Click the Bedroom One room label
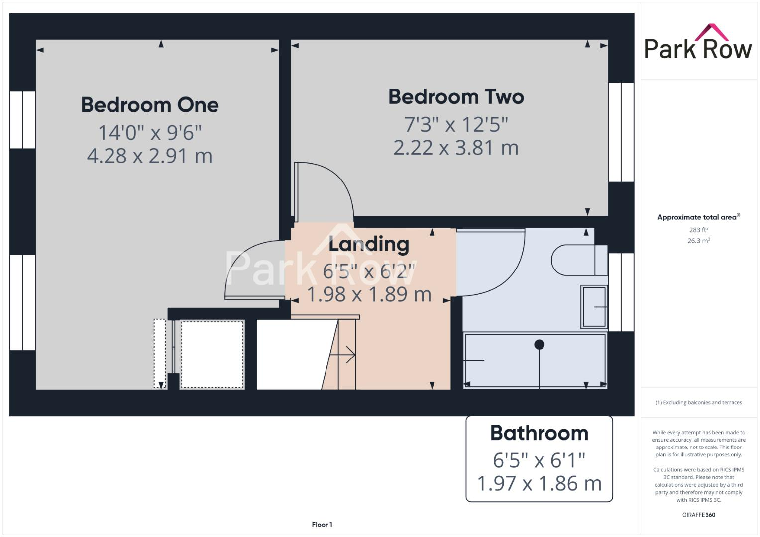(150, 105)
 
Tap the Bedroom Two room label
(456, 96)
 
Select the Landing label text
(369, 244)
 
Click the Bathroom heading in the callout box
(539, 433)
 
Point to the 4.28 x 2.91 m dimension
(150, 156)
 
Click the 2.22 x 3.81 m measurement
(456, 148)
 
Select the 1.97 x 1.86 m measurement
(539, 483)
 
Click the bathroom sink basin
(594, 307)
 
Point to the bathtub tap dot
(539, 344)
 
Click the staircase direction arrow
(343, 355)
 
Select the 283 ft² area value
(698, 230)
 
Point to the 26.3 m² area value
(698, 241)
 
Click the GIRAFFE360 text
(698, 515)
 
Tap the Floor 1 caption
(322, 525)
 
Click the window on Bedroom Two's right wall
(621, 132)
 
